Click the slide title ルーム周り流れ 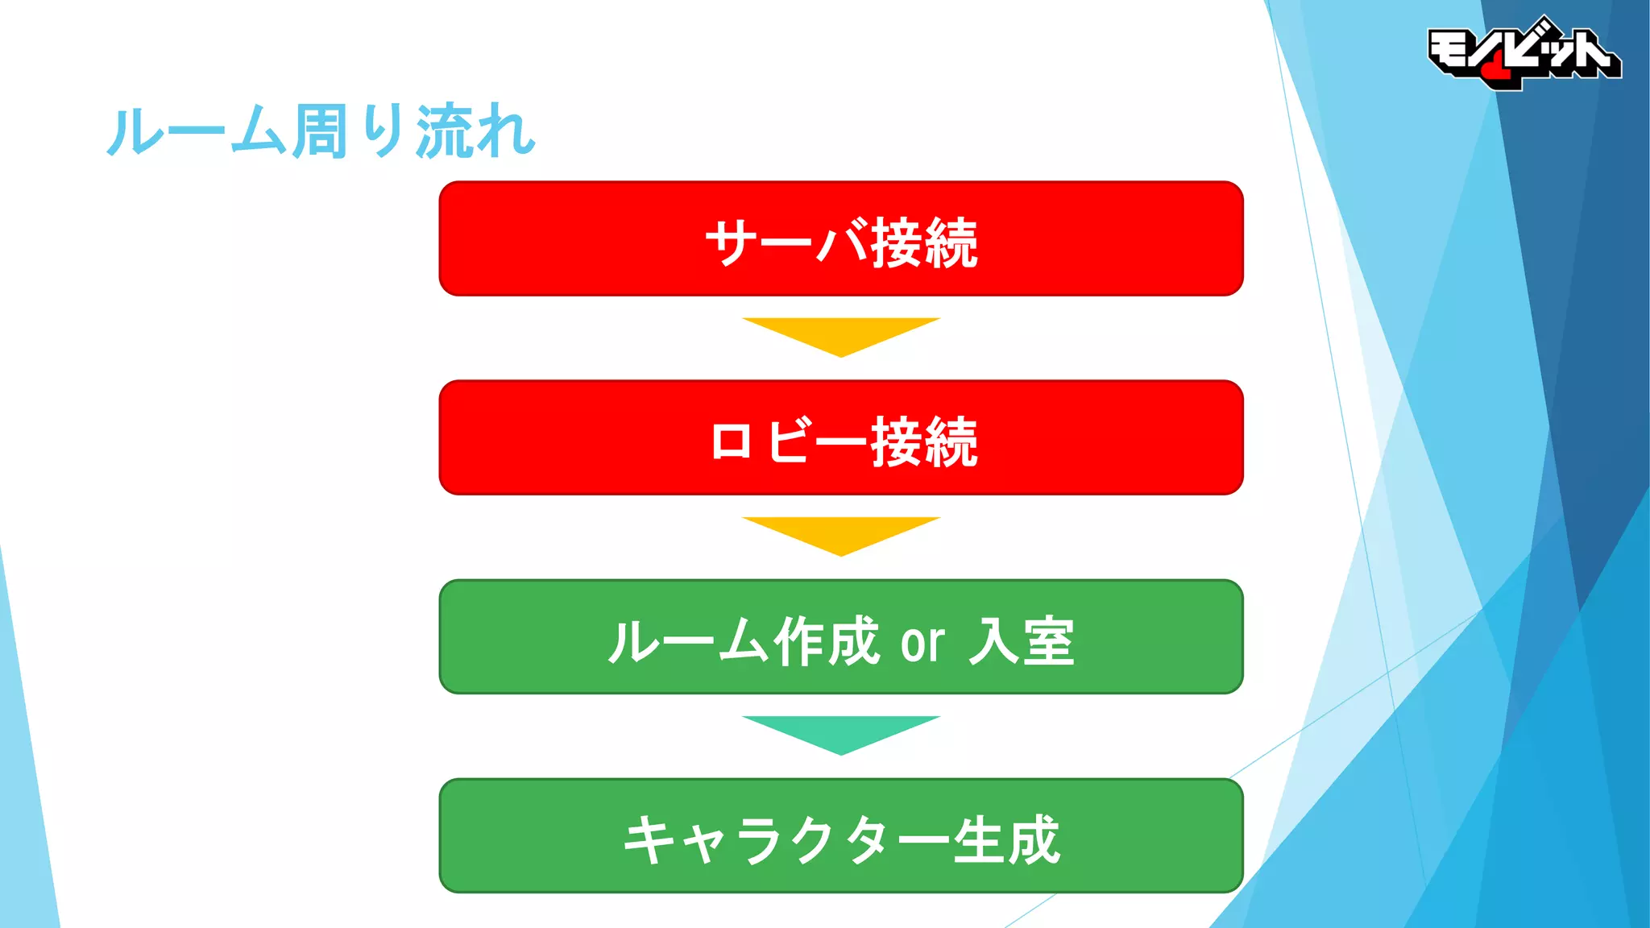321,130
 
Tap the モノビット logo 1523,53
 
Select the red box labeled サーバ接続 840,238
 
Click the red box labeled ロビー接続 840,437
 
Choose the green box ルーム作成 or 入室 840,636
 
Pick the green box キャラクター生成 840,835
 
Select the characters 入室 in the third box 1022,641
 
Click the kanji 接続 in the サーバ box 924,242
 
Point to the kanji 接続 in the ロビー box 924,441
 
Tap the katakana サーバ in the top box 786,242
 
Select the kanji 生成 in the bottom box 1006,840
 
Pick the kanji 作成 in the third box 826,641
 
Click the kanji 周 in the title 320,131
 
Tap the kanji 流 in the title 442,131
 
